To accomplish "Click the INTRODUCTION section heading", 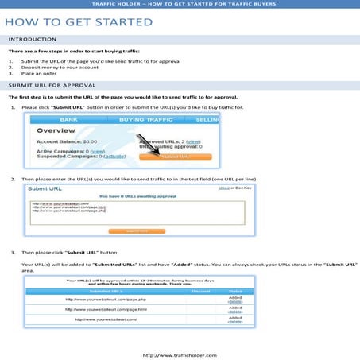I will tap(32, 39).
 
